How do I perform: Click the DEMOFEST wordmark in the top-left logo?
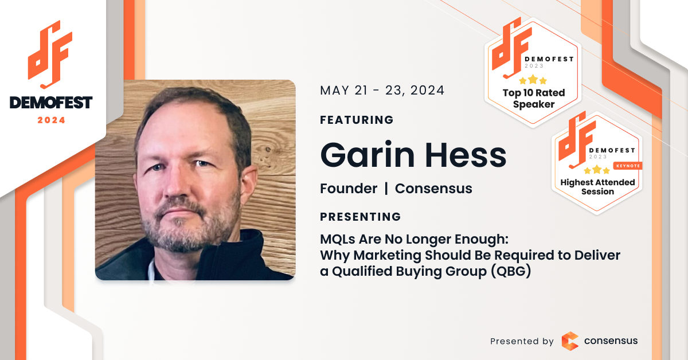click(51, 103)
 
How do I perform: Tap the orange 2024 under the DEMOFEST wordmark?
click(51, 120)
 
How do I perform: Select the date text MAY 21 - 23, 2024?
click(382, 91)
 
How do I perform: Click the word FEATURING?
click(357, 120)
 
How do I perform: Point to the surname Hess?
click(466, 155)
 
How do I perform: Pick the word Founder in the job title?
click(349, 188)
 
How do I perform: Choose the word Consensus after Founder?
click(433, 188)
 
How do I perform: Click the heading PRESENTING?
click(360, 217)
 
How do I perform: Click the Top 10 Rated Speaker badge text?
click(534, 98)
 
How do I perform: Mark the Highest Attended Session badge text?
click(597, 187)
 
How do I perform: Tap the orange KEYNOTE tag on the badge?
click(628, 166)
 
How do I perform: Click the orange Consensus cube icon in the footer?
click(570, 341)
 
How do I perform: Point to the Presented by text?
click(522, 341)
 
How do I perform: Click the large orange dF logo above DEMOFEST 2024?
click(50, 54)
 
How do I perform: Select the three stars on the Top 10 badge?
click(533, 80)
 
